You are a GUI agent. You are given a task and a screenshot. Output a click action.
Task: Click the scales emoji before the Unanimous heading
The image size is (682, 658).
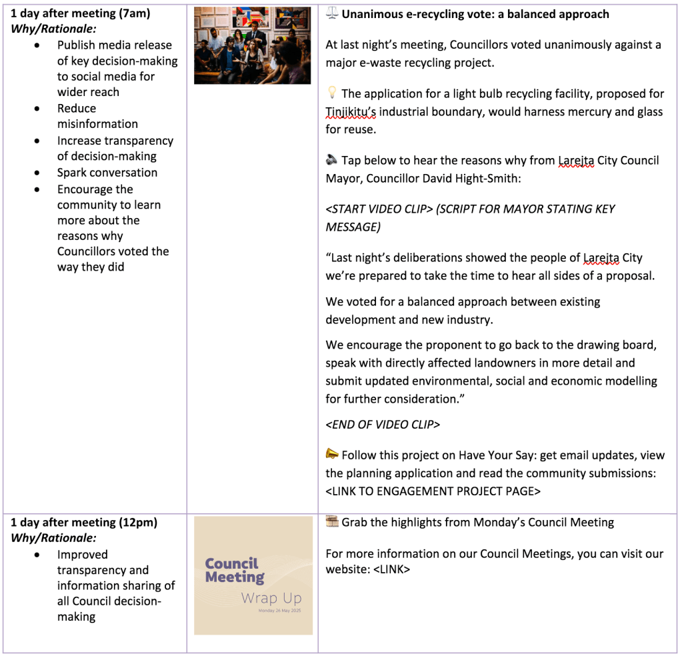click(x=332, y=14)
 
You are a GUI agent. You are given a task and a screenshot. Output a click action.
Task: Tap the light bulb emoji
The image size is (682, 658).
click(x=332, y=94)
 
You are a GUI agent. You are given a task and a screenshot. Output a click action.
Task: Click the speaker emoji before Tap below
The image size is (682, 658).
click(x=332, y=161)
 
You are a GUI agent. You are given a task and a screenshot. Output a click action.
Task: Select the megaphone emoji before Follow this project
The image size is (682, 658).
click(x=332, y=455)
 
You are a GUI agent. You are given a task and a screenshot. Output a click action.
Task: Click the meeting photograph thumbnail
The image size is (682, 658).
click(x=252, y=45)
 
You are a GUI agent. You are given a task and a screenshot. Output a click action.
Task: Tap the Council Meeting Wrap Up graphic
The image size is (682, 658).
click(x=253, y=575)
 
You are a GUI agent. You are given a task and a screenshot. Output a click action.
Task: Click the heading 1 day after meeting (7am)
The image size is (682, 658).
click(x=81, y=13)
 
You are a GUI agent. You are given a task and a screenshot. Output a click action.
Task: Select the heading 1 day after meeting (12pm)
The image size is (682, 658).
click(x=83, y=522)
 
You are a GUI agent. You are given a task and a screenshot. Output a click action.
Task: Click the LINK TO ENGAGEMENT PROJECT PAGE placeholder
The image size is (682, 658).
click(x=433, y=491)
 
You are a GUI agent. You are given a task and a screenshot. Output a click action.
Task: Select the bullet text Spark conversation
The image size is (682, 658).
click(x=107, y=173)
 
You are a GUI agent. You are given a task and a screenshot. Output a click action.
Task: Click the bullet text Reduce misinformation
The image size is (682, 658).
click(x=97, y=116)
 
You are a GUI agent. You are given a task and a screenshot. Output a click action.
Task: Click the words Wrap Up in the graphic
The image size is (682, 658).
click(x=271, y=598)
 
